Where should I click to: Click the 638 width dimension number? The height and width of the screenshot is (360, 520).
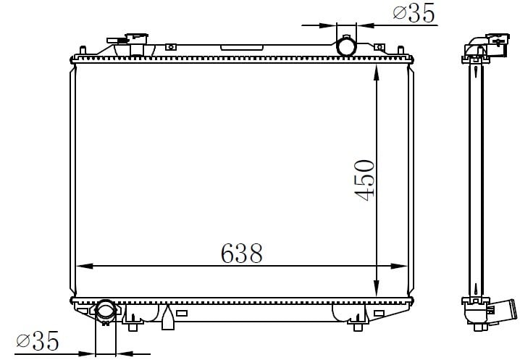[x=241, y=254]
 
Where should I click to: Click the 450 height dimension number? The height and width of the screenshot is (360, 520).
[x=364, y=180]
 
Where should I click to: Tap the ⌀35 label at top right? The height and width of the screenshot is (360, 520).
[x=414, y=13]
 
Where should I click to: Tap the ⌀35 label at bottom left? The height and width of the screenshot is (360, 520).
[x=38, y=340]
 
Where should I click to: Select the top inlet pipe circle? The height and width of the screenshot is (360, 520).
[x=346, y=46]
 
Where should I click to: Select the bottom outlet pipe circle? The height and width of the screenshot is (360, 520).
[x=106, y=310]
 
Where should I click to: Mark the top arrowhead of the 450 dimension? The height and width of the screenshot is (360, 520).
[x=376, y=73]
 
